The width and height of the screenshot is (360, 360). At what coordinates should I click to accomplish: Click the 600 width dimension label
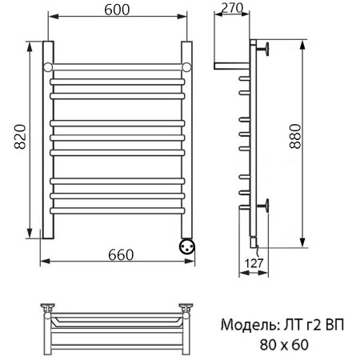pos(117,10)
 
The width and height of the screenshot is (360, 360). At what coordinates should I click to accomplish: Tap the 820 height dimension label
pos(20,136)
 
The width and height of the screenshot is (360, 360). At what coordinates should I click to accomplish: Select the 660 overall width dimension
pos(121,255)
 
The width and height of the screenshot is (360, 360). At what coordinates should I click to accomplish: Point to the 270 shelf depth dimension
pos(232,8)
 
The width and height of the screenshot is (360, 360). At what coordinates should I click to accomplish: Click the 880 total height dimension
pos(295,136)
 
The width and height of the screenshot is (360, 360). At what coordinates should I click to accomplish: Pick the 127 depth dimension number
pos(254,263)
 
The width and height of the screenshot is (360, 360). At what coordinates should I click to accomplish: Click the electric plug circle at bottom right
pos(187,246)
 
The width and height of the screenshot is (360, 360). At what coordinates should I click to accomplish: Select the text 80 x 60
pos(284,345)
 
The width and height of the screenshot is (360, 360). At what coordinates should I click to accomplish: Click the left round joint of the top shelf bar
pos(48,67)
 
